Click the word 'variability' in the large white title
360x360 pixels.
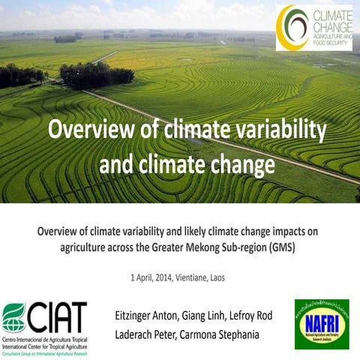pos(280,130)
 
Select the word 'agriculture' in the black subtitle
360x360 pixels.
pos(89,248)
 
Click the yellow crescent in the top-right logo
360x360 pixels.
pos(284,28)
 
